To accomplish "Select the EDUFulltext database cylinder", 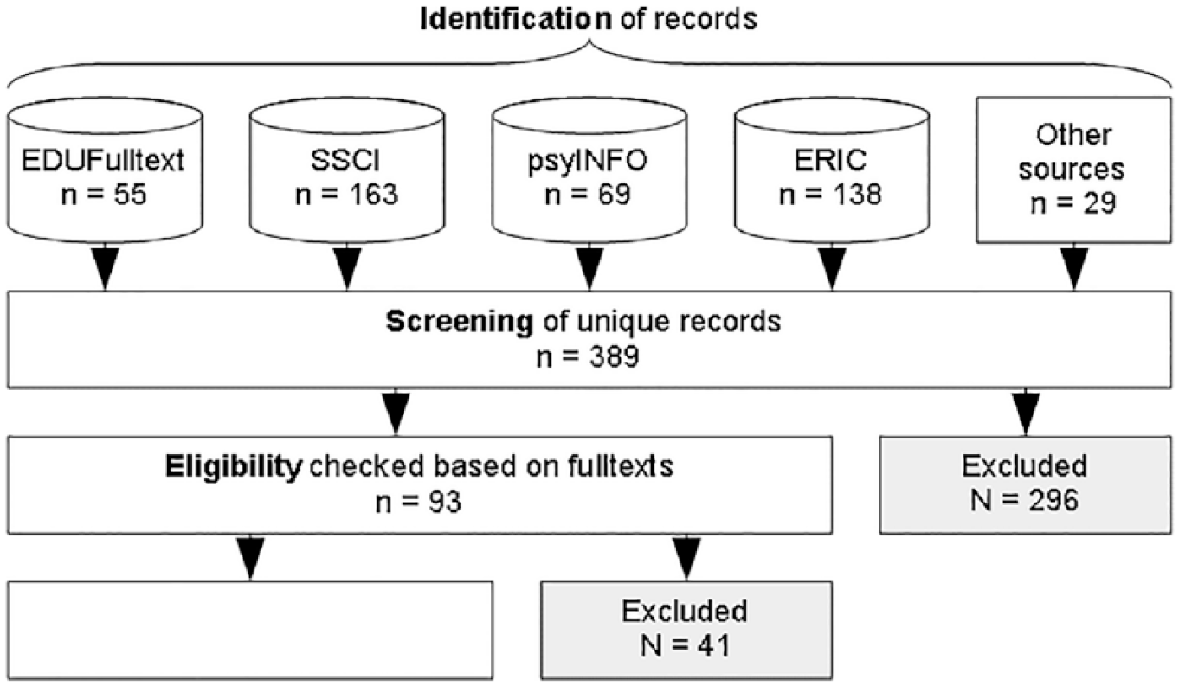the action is coord(105,170).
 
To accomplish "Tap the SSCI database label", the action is coord(345,160).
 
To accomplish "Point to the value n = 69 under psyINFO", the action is coord(588,194).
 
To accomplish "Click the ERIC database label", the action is coord(830,160).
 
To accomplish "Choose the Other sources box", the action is coord(1073,170).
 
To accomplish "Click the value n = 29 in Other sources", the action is coord(1073,203).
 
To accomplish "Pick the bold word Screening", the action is coord(460,322).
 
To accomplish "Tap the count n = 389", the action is coord(588,356).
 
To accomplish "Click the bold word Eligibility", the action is coord(234,466).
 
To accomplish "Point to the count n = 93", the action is coord(419,502).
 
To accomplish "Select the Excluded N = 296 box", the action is coord(1025,485).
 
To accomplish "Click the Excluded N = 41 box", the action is coord(686,631).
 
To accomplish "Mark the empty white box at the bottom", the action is coord(250,631).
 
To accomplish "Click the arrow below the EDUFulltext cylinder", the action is coord(105,266).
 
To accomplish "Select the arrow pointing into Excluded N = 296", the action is coord(1025,412).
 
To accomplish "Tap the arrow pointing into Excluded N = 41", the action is coord(686,558).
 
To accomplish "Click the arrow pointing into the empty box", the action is coord(250,558).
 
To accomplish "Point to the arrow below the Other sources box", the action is coord(1073,266).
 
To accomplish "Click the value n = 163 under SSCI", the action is coord(346,194).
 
